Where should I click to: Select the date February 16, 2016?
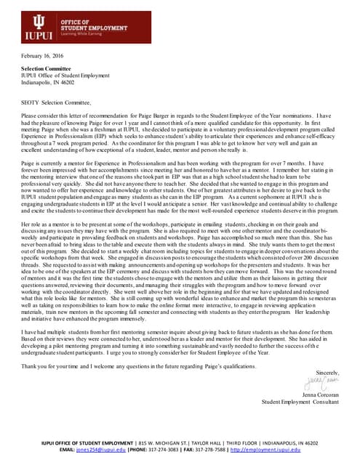(42, 56)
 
